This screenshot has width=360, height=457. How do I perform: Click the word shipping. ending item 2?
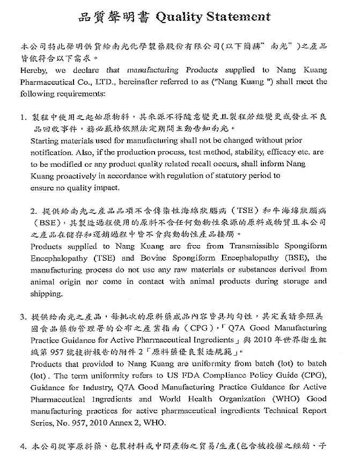(47, 293)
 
